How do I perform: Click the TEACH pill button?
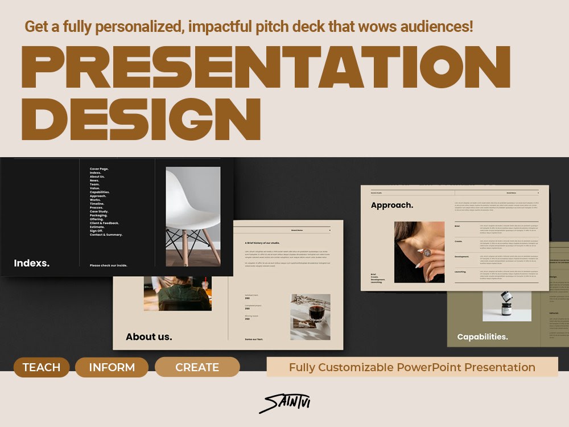point(41,367)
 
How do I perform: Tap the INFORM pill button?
point(112,367)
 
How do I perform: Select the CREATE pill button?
point(197,367)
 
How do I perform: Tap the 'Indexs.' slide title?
point(31,263)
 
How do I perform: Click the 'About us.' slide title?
point(149,336)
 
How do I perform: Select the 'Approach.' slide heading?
point(392,205)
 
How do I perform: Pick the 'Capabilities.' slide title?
point(483,336)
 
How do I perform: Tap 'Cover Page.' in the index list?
point(99,169)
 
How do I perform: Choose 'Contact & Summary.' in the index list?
point(106,235)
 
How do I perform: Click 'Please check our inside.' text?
point(108,265)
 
